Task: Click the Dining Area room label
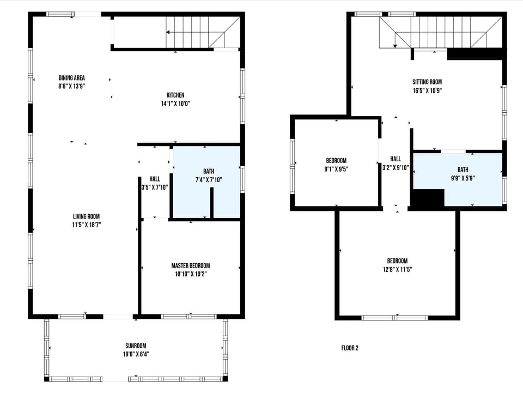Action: pyautogui.click(x=71, y=78)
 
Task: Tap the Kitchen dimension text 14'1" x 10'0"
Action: pyautogui.click(x=175, y=104)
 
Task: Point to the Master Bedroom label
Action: pyautogui.click(x=190, y=265)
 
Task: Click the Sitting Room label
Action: pyautogui.click(x=427, y=82)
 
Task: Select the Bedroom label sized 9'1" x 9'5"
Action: pyautogui.click(x=336, y=160)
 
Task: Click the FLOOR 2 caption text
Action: pyautogui.click(x=350, y=348)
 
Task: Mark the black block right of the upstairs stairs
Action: pyautogui.click(x=474, y=54)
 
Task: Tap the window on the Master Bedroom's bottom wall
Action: pyautogui.click(x=189, y=316)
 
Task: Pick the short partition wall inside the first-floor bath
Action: pyautogui.click(x=211, y=203)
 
